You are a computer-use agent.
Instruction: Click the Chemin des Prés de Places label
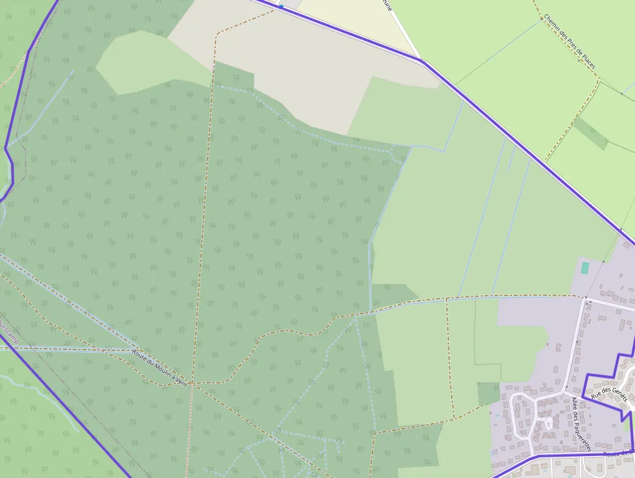click(x=570, y=42)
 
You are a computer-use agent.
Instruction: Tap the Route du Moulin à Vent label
click(x=159, y=368)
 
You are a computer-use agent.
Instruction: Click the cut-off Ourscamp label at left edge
click(x=8, y=328)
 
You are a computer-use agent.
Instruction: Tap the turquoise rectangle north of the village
click(x=584, y=268)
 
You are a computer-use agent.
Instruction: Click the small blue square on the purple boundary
click(x=281, y=6)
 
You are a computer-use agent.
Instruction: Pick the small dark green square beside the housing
click(x=489, y=394)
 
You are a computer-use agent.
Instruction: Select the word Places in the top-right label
click(x=588, y=60)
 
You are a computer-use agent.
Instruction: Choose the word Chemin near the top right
click(x=553, y=25)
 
